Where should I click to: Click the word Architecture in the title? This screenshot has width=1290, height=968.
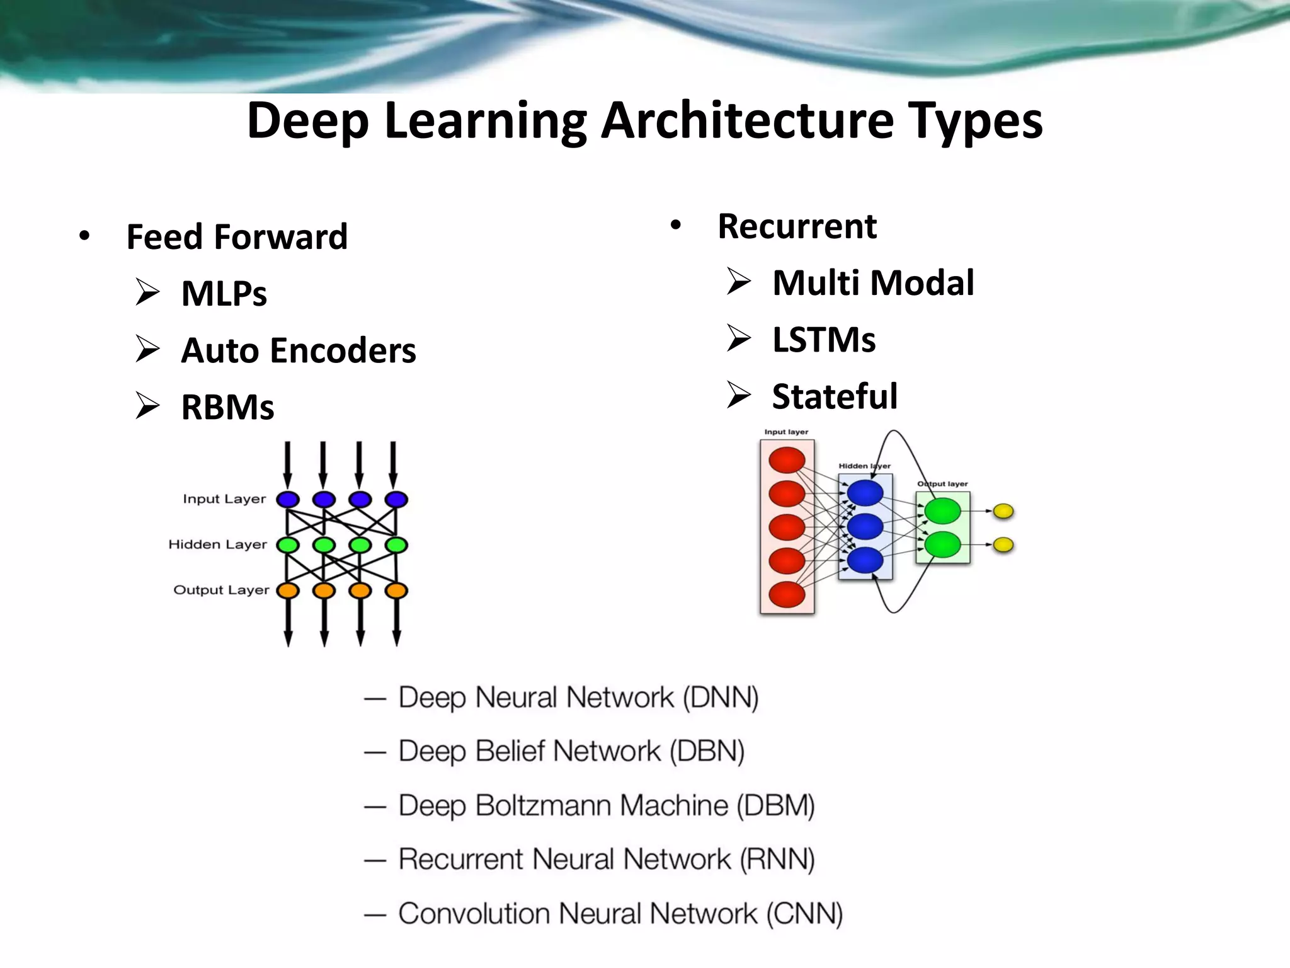click(747, 121)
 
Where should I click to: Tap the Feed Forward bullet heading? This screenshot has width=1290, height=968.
click(236, 237)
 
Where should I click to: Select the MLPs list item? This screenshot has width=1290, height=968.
click(224, 294)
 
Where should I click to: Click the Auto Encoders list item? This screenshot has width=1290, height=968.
click(298, 350)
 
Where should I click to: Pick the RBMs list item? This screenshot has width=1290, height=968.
click(227, 407)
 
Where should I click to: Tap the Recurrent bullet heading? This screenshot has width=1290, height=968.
click(797, 226)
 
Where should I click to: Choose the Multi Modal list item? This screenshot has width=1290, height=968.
click(873, 282)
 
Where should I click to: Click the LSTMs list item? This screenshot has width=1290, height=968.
click(823, 340)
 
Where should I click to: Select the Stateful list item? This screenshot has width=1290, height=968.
click(835, 396)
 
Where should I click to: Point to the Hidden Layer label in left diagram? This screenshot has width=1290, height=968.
click(217, 544)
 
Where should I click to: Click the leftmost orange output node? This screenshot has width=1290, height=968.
click(288, 591)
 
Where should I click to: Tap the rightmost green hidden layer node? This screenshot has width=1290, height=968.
click(396, 545)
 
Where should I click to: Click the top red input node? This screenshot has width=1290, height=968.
click(787, 460)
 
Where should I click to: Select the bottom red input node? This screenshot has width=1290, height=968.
click(787, 594)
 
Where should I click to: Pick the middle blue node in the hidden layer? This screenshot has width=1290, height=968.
click(865, 526)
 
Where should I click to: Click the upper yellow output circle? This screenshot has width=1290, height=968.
click(1003, 511)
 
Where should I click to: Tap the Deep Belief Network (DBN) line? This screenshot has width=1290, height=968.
click(571, 751)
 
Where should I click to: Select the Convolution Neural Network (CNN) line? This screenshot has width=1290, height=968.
click(620, 914)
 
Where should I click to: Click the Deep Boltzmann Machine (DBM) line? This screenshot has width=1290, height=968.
click(606, 805)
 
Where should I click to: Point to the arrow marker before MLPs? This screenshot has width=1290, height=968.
click(147, 293)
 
